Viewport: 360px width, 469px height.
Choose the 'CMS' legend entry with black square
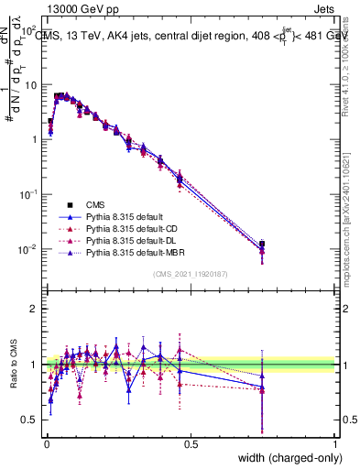coord(95,204)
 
